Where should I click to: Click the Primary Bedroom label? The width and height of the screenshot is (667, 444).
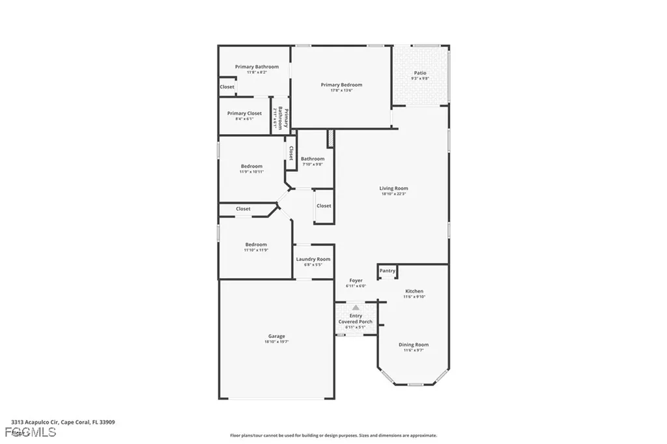pyautogui.click(x=341, y=85)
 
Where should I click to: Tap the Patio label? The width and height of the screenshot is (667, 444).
pyautogui.click(x=420, y=73)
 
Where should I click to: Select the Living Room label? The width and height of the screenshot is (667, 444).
pyautogui.click(x=393, y=188)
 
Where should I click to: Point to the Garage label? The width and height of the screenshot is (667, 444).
pyautogui.click(x=276, y=337)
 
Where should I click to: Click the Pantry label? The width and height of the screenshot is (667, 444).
pyautogui.click(x=388, y=271)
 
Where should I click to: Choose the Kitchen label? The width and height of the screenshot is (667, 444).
pyautogui.click(x=414, y=291)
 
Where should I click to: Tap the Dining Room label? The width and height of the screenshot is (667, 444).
pyautogui.click(x=414, y=345)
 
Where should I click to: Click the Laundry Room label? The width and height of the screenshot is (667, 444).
pyautogui.click(x=313, y=259)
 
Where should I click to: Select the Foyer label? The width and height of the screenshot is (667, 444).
pyautogui.click(x=356, y=281)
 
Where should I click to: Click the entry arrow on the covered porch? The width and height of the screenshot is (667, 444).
pyautogui.click(x=356, y=307)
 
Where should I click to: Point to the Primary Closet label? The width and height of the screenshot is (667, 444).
pyautogui.click(x=244, y=113)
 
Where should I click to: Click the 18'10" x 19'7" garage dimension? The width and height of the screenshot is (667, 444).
pyautogui.click(x=276, y=342)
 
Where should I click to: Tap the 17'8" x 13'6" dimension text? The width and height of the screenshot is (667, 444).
pyautogui.click(x=341, y=90)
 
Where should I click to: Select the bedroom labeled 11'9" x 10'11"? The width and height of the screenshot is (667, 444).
pyautogui.click(x=251, y=166)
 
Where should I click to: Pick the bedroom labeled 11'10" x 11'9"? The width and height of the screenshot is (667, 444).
pyautogui.click(x=256, y=244)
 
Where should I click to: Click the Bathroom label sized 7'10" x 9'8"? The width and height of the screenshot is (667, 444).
pyautogui.click(x=313, y=159)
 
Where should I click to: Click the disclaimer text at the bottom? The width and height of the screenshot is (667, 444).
pyautogui.click(x=333, y=436)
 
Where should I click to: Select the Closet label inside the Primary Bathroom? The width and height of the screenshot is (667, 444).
pyautogui.click(x=227, y=87)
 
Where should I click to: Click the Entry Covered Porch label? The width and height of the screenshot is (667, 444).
pyautogui.click(x=356, y=319)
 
